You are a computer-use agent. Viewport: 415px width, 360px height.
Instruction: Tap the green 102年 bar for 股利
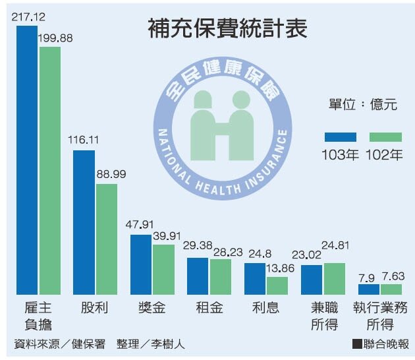[107, 239]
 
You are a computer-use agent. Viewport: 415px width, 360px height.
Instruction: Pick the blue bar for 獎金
[141, 264]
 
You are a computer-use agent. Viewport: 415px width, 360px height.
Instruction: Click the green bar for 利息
[277, 285]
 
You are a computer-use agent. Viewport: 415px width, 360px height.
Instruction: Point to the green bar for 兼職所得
[333, 278]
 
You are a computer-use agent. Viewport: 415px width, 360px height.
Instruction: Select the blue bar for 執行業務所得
[368, 289]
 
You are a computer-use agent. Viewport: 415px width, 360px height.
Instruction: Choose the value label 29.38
[198, 245]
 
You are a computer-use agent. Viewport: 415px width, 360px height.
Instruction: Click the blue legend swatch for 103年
[340, 137]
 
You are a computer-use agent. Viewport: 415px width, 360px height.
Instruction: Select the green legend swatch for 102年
[385, 137]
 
